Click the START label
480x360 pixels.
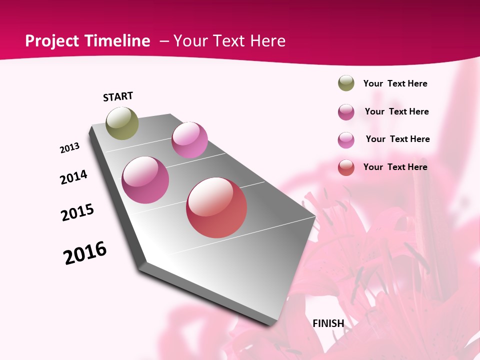118,96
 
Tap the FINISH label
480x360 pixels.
328,323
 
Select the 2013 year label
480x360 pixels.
70,148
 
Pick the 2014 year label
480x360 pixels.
73,177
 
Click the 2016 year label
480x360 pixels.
85,253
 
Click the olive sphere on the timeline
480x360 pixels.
122,123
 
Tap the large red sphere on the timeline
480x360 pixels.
216,207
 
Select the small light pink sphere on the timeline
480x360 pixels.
189,140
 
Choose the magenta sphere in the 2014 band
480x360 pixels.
145,180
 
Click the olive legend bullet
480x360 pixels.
346,83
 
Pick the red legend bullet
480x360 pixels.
346,167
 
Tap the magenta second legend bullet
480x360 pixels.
346,111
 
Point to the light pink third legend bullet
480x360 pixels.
346,139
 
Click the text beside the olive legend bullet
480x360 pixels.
395,83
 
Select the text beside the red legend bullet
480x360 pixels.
395,167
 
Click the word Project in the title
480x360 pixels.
51,41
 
